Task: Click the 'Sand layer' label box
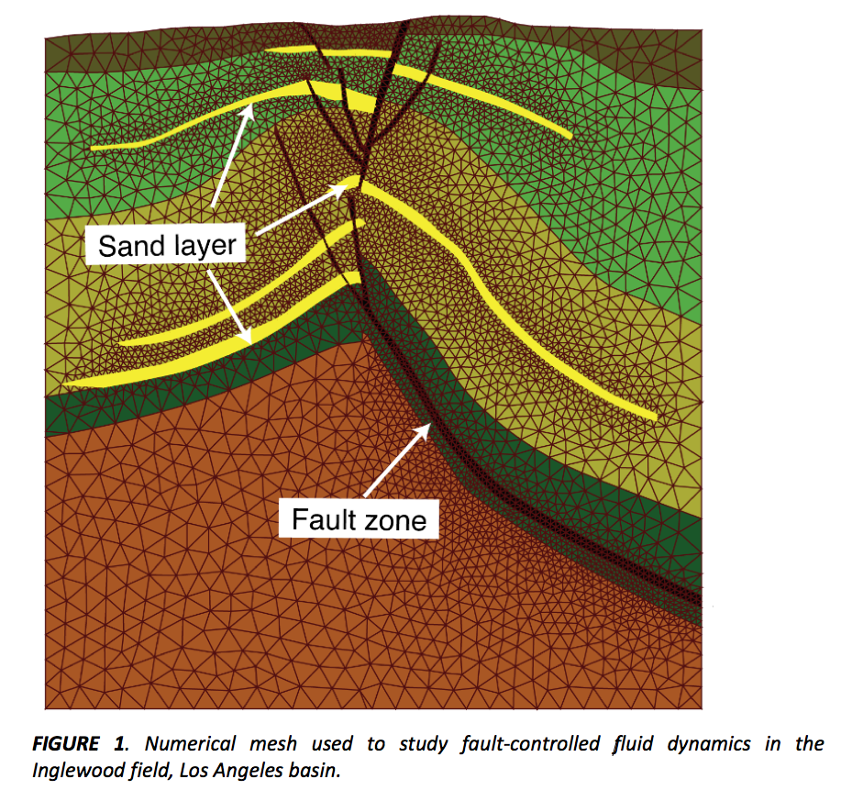point(165,245)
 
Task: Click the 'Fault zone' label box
point(359,519)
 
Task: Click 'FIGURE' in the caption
point(66,743)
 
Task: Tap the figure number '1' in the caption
point(119,743)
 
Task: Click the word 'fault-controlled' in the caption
point(530,743)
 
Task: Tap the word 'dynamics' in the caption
point(709,744)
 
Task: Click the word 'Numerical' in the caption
point(191,743)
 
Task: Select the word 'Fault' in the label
point(324,519)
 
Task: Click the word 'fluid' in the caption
point(634,744)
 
